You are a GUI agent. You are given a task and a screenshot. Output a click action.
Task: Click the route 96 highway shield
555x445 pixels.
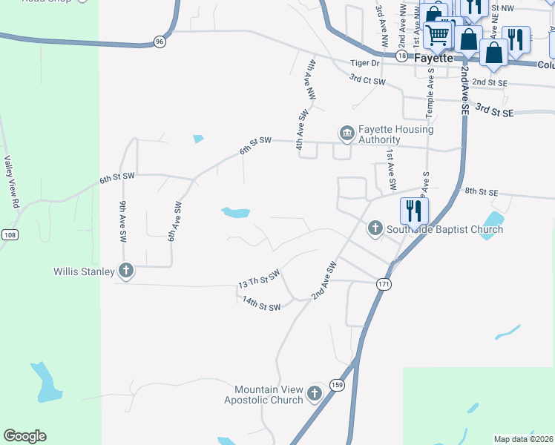coord(160,42)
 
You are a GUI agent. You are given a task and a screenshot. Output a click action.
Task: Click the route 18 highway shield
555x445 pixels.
coord(401,56)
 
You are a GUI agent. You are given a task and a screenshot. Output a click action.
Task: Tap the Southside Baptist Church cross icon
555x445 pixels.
coord(375,228)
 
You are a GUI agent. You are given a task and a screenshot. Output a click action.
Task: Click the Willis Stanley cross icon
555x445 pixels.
coord(126,271)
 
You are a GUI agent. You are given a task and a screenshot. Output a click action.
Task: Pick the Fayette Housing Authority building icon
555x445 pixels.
coord(347,133)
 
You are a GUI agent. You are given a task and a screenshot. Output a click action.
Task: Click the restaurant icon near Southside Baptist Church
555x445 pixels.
coord(413,210)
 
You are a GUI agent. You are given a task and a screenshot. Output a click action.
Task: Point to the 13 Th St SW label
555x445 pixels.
coord(259,280)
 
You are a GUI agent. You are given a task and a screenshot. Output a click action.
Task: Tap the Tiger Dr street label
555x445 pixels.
coord(365,63)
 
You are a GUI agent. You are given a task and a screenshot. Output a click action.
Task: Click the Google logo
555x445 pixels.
coord(24,436)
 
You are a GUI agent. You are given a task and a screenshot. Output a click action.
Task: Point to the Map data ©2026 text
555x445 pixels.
coord(524,439)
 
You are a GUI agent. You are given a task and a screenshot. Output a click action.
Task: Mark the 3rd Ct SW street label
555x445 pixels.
coord(368,79)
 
